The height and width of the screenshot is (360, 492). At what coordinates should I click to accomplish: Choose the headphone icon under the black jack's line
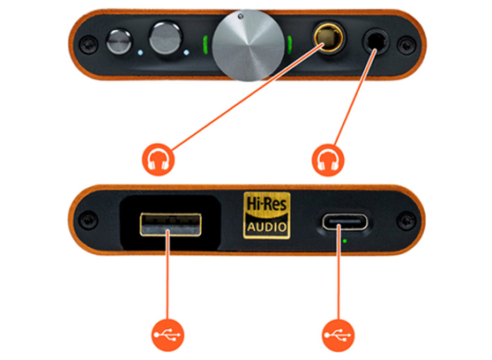point(330,162)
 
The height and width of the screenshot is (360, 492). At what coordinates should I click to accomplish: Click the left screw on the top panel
point(88,41)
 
